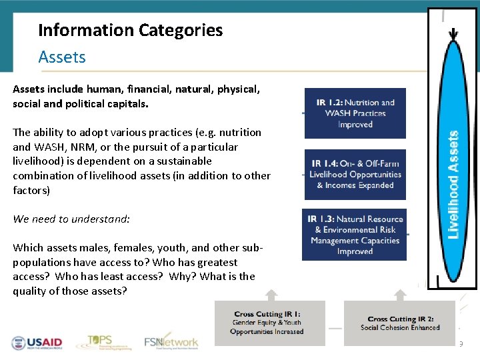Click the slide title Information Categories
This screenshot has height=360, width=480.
130,30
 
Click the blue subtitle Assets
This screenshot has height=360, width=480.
62,57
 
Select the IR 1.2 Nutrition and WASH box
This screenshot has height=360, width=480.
355,113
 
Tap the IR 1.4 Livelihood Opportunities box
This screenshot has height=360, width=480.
355,174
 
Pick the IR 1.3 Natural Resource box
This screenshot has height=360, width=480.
355,235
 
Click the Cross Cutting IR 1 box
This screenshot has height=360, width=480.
269,323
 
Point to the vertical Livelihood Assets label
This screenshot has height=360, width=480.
453,185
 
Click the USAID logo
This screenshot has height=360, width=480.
37,343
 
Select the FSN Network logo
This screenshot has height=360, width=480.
171,342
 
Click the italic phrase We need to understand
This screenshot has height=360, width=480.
71,219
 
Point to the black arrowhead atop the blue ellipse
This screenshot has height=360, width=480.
454,33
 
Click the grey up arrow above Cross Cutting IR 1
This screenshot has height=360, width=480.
271,295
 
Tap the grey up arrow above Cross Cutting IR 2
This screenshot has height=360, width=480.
400,295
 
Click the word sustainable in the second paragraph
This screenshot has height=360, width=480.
179,161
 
